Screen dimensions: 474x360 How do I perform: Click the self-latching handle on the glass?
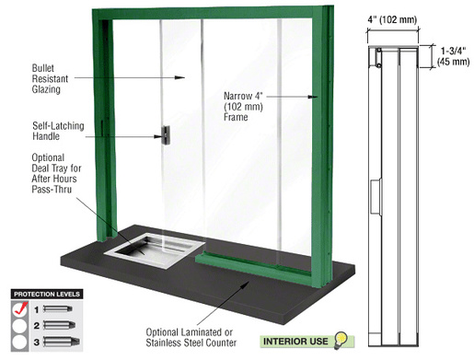point(166,135)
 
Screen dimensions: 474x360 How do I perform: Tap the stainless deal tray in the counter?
point(155,250)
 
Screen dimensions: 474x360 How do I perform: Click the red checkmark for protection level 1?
point(20,308)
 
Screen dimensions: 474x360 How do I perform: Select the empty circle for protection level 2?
point(20,326)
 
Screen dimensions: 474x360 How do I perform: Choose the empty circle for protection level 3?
point(20,342)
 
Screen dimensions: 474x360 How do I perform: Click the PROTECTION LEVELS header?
point(47,294)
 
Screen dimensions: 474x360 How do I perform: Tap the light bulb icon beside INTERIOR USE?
point(341,341)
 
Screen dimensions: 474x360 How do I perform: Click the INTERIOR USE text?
point(295,342)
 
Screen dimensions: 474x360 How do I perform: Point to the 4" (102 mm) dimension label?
point(392,20)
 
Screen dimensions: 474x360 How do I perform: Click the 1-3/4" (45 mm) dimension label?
point(453,56)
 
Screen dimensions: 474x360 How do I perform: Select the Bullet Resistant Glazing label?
point(50,78)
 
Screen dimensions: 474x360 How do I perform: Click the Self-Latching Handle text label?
point(58,131)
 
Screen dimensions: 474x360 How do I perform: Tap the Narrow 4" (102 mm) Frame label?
point(243,107)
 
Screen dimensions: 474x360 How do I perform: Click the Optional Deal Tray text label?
point(56,173)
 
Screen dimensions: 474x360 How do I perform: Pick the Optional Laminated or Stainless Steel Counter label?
point(191,337)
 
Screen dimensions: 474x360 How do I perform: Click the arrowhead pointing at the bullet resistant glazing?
point(179,77)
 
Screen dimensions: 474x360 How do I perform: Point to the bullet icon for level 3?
point(62,342)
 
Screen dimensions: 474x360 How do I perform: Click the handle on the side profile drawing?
point(376,196)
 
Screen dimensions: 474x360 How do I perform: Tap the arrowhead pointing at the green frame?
point(313,97)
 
